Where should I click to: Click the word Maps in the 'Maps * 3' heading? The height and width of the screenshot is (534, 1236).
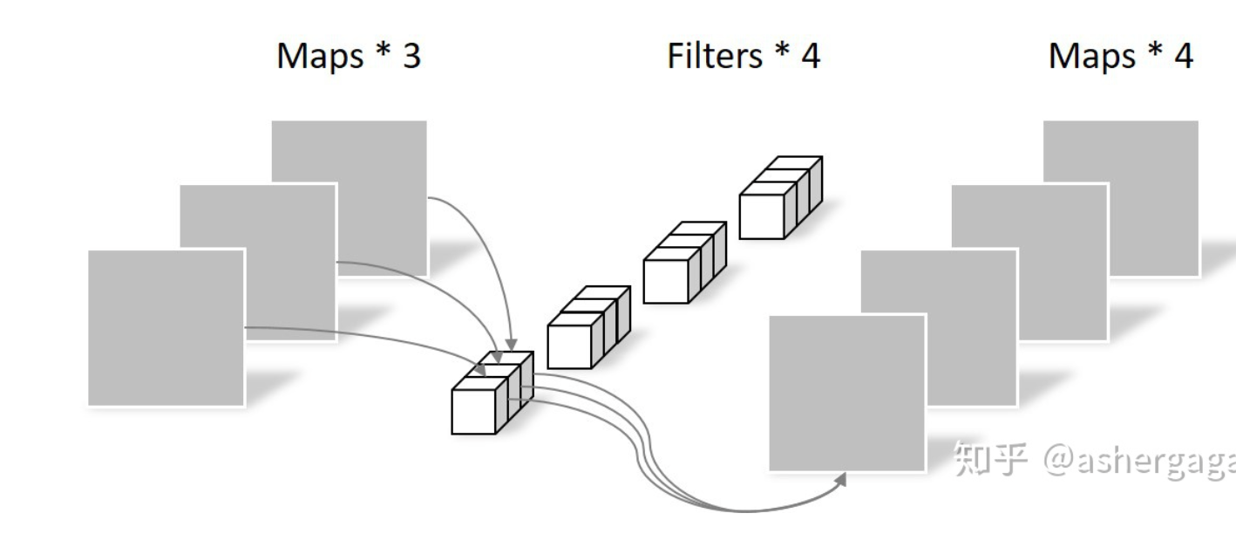pos(320,57)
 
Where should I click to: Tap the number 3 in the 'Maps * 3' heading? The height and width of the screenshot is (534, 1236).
pos(412,56)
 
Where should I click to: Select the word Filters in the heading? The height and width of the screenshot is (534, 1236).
pos(715,56)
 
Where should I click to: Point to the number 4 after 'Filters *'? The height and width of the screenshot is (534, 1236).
pos(811,56)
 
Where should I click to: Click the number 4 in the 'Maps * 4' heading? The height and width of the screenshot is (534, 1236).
pos(1184,56)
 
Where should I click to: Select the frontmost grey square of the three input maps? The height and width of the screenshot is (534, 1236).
pos(166,328)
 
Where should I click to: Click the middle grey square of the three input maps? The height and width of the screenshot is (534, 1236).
pos(258,263)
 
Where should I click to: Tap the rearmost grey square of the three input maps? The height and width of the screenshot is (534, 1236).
pos(350,198)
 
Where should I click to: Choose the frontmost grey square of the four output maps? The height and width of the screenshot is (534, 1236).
pos(847,394)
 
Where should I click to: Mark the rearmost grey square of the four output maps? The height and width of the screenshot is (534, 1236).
pos(1121,198)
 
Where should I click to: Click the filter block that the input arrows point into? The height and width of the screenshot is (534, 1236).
pos(492,393)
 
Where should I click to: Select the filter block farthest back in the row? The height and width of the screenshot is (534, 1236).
pos(781,198)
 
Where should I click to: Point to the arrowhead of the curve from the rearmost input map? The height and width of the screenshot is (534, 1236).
pos(511,345)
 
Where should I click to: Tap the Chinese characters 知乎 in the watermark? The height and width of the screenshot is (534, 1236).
pos(990,459)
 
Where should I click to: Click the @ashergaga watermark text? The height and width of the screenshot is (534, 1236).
pos(1139,461)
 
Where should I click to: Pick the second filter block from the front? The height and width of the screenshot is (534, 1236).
pos(588,327)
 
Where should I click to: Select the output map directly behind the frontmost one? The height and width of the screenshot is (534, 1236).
pos(939,328)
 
